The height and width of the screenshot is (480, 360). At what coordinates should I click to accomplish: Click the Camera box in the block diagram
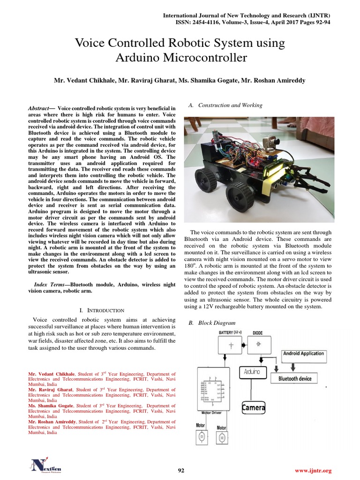254,407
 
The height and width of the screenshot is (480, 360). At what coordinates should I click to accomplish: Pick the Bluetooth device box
295,378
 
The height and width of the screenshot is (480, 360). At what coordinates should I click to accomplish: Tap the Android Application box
303,353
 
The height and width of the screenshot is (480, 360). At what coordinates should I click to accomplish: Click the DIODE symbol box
257,345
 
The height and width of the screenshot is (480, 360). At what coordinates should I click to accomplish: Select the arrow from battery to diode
242,345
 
